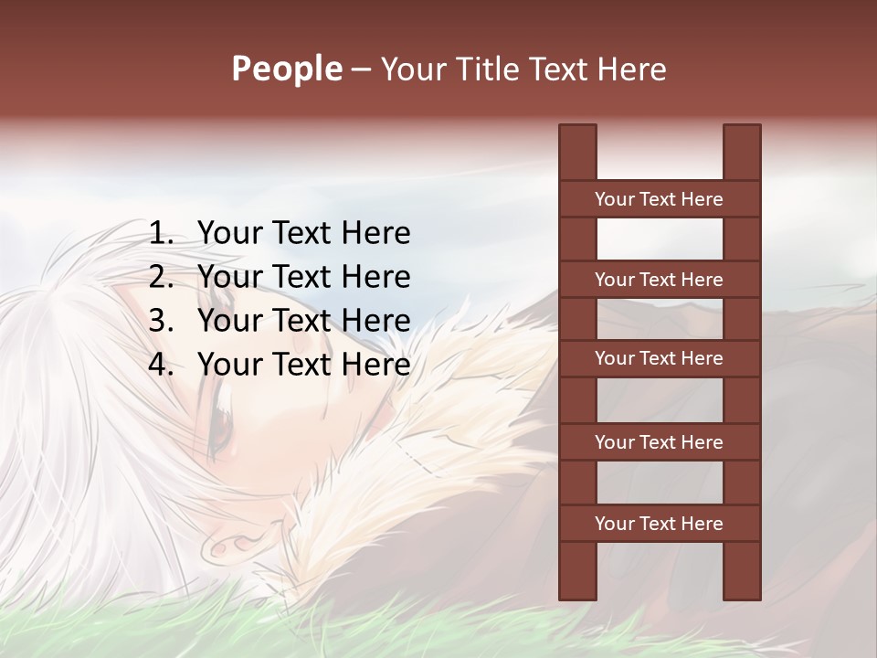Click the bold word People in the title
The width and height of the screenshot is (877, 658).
pos(286,69)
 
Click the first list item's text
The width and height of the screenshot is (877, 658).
pos(303,234)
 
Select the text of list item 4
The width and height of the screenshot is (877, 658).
pos(303,365)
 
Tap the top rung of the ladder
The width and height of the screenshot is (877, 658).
pos(659,199)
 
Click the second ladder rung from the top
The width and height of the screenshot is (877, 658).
pos(659,280)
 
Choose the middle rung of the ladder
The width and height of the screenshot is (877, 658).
pos(659,358)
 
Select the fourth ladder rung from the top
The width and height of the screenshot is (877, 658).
pos(659,442)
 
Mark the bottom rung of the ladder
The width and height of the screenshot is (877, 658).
pos(659,524)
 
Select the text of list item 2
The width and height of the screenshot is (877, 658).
pos(303,277)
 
